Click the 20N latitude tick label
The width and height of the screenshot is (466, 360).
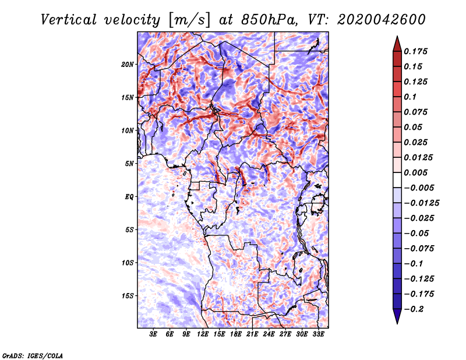128,64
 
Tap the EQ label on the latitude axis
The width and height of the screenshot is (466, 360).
129,197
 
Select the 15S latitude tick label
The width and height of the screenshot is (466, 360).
128,296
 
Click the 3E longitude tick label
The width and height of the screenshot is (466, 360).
154,335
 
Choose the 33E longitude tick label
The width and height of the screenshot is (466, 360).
319,335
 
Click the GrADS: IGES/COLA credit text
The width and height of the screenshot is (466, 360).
32,355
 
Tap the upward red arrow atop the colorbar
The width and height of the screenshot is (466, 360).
397,42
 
